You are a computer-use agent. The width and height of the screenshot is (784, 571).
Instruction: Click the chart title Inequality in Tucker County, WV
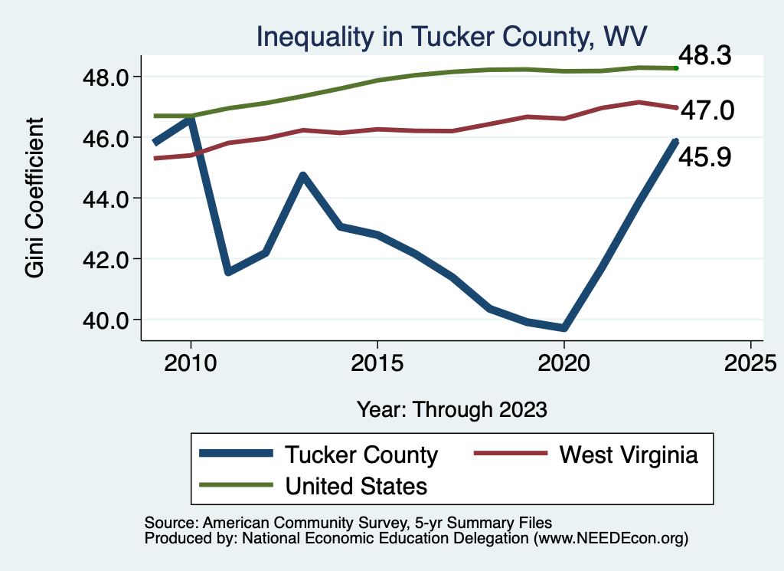point(452,37)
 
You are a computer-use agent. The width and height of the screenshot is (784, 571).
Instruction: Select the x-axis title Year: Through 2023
point(452,409)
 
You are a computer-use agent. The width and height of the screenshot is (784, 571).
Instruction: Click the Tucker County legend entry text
point(361,455)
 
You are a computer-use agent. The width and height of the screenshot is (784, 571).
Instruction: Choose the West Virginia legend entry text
point(629,455)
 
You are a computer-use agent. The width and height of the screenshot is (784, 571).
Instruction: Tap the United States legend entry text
point(356,485)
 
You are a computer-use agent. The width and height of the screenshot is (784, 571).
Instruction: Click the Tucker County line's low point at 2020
point(563,328)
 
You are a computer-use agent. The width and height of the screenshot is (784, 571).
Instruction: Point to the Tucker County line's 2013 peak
point(302,176)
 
